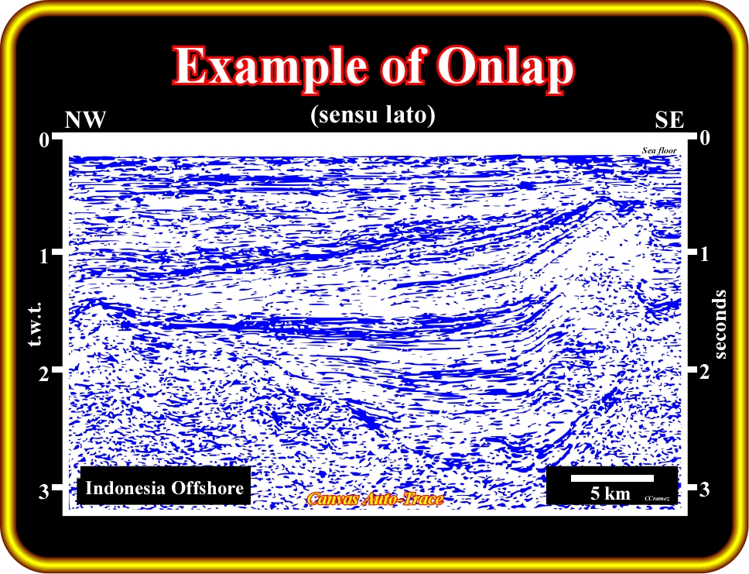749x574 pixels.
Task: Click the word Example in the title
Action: pyautogui.click(x=271, y=67)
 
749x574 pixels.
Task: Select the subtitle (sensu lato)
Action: pyautogui.click(x=373, y=115)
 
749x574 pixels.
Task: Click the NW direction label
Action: pyautogui.click(x=85, y=119)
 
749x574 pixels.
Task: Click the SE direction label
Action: pyautogui.click(x=669, y=120)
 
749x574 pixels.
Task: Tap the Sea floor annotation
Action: pyautogui.click(x=659, y=151)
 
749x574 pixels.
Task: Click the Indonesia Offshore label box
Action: pyautogui.click(x=164, y=487)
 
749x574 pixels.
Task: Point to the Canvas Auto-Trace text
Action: pyautogui.click(x=375, y=499)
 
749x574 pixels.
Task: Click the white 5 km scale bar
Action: pyautogui.click(x=612, y=479)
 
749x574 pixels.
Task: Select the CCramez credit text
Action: pyautogui.click(x=656, y=498)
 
